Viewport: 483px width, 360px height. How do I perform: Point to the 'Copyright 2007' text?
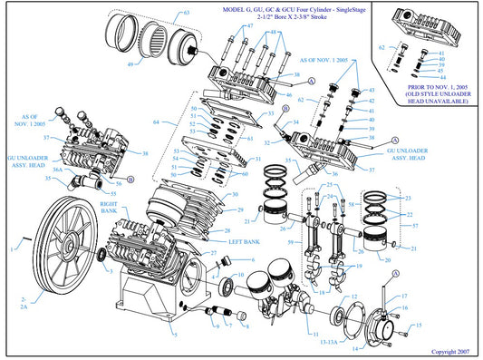pos(451,350)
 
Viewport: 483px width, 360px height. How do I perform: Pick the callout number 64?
pos(157,121)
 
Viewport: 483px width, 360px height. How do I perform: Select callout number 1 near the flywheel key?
pos(12,246)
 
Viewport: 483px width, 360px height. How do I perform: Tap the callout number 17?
pos(405,297)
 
